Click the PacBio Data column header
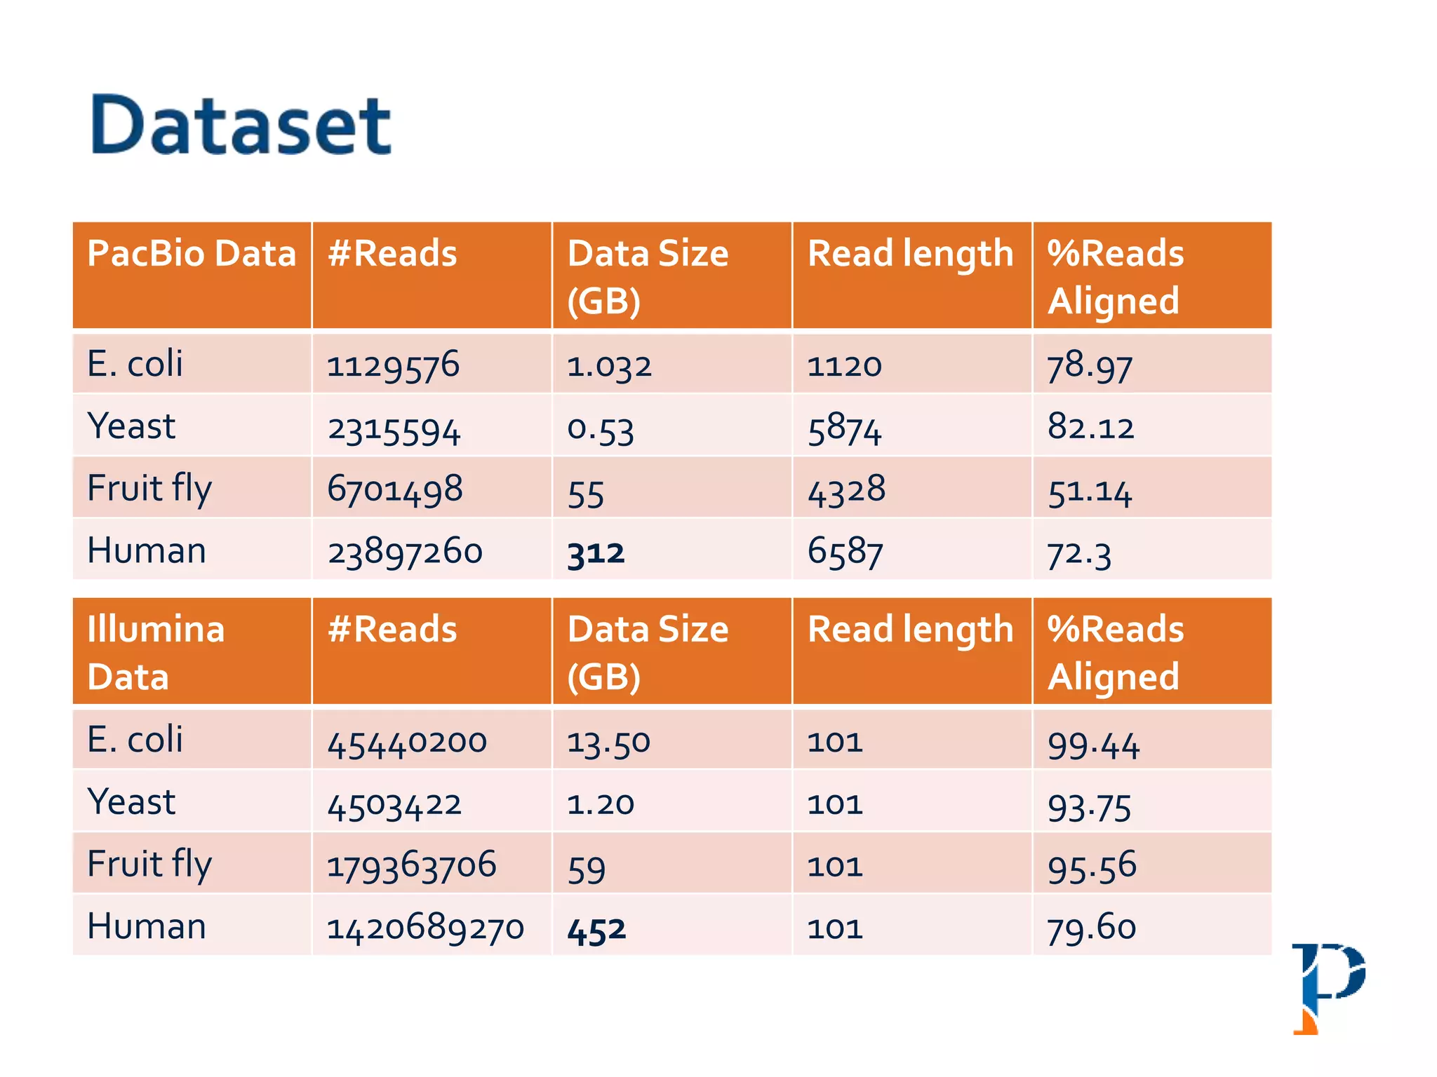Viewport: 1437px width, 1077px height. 192,254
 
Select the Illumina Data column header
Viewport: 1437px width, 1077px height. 156,652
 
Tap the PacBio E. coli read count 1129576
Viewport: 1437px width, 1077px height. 393,365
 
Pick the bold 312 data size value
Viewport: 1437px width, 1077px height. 596,553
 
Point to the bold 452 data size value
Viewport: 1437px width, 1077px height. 596,929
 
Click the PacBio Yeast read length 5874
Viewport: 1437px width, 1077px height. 844,428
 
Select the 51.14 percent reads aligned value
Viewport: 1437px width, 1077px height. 1090,491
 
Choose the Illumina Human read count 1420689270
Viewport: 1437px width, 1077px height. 425,928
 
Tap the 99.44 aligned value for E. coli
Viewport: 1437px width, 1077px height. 1093,743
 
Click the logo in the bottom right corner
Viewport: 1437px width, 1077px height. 1328,987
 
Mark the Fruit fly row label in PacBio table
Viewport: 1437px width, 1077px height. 149,489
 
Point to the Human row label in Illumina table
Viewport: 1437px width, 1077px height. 147,926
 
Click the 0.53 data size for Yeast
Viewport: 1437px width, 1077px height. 601,428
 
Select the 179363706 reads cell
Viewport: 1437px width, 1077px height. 412,865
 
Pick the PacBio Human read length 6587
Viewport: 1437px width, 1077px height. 845,551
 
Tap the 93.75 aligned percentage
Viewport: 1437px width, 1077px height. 1089,806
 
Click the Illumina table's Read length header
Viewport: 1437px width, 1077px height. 910,630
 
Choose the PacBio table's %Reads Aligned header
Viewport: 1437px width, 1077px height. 1116,276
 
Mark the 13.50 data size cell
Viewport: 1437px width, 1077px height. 609,743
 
